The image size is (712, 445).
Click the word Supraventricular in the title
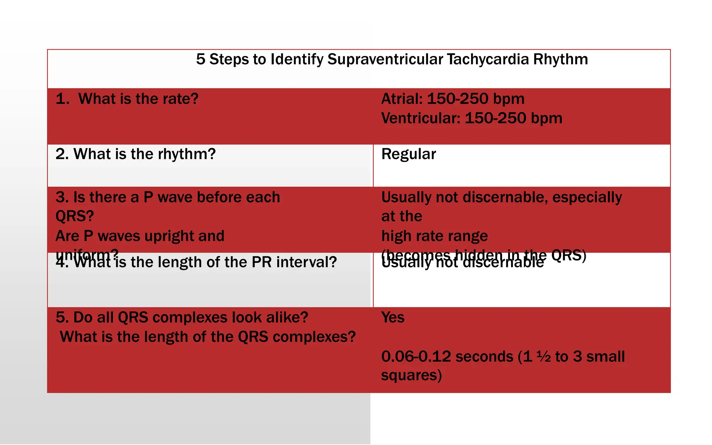[x=385, y=59]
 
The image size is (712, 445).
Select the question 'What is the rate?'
[x=138, y=99]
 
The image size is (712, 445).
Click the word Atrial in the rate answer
[x=402, y=99]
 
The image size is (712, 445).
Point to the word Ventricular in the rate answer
[x=421, y=119]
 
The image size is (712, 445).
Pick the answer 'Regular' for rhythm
[x=408, y=154]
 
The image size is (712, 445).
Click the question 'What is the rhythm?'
[x=136, y=154]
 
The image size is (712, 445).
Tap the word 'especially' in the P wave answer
[x=587, y=197]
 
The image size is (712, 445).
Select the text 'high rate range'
[x=435, y=236]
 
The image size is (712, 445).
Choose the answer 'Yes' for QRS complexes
[x=393, y=318]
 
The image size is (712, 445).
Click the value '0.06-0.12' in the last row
[x=416, y=357]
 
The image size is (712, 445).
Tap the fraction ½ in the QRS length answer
[x=543, y=357]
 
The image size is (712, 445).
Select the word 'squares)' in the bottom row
[x=411, y=376]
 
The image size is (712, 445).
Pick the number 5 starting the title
[x=201, y=59]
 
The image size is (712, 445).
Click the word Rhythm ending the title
[x=560, y=59]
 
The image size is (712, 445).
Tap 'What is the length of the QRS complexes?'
[x=208, y=337]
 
